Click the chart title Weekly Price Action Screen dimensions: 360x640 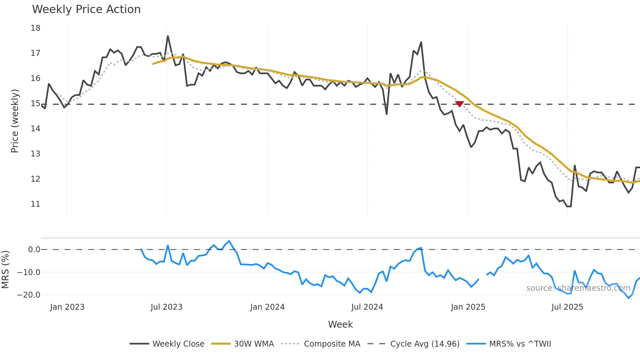86,9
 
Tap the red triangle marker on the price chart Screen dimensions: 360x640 459,104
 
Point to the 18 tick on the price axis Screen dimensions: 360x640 36,28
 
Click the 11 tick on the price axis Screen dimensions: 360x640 36,204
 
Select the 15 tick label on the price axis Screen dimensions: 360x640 36,104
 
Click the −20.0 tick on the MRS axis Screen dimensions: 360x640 29,295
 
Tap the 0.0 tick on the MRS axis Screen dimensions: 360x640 34,250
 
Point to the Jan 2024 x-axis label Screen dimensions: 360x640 267,307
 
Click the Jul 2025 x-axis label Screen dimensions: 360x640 567,307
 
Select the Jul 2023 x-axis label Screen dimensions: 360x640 167,307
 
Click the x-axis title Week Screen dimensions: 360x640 340,324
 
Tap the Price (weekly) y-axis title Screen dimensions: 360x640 15,121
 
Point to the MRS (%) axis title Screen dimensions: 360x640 5,270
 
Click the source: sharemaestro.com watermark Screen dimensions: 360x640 578,288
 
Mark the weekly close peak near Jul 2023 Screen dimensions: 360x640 168,36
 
